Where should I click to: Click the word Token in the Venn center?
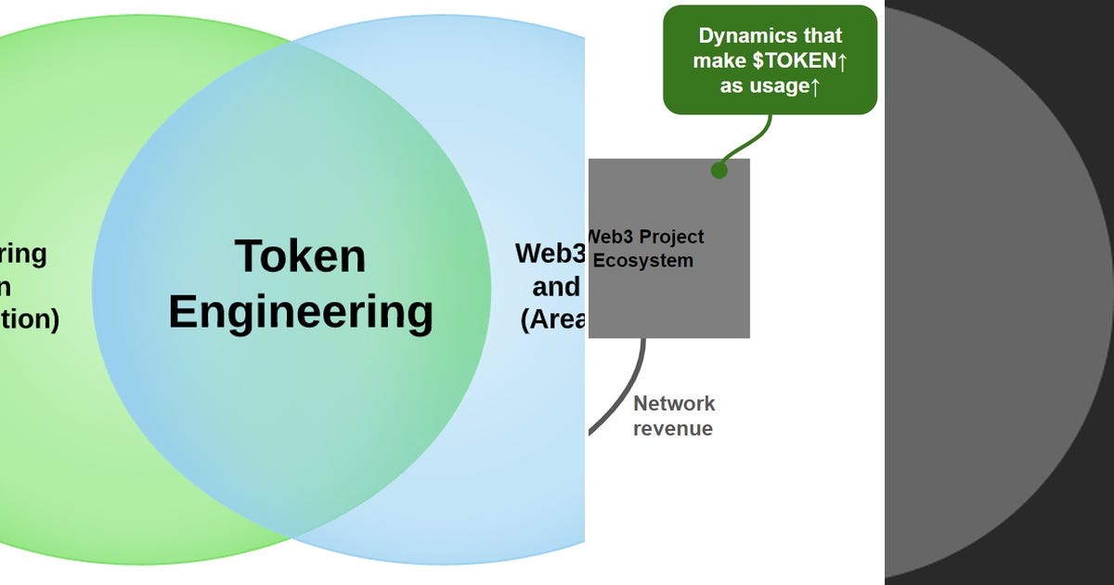tap(300, 256)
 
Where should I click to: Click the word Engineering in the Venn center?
tap(300, 312)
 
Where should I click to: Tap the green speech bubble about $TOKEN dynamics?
tap(770, 59)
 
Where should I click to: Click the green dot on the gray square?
tap(719, 170)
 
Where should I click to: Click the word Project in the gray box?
tap(671, 237)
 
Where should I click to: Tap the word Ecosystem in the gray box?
tap(642, 261)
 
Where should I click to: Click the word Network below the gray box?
tap(674, 404)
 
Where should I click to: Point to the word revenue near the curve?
tap(672, 429)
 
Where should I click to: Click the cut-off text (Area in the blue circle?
tap(551, 319)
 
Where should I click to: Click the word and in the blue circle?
tap(556, 286)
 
